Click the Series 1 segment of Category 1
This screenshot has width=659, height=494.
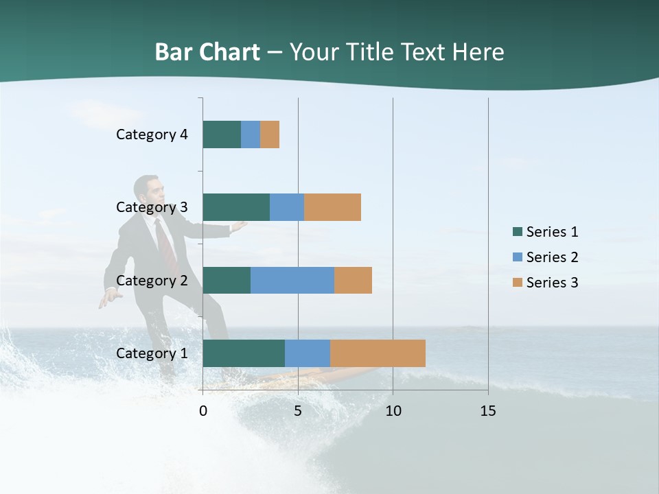pos(244,353)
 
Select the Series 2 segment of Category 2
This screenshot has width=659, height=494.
pos(292,280)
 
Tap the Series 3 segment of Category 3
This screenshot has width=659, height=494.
pos(332,207)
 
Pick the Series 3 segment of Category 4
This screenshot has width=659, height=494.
pos(270,134)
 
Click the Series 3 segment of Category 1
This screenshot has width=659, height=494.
pos(378,353)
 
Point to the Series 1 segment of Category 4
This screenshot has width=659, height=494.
pos(222,134)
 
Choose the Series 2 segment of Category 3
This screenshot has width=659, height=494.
pos(287,207)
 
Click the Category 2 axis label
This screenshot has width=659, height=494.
pos(152,280)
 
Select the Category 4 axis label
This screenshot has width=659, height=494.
pos(152,134)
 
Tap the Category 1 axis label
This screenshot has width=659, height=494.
pos(152,353)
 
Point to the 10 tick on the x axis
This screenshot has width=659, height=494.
pos(393,411)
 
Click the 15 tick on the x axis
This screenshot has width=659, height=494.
pos(488,411)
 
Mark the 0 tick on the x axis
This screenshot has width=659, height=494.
pos(203,411)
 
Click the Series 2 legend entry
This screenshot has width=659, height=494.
pos(552,257)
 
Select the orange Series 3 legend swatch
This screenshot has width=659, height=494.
pos(517,282)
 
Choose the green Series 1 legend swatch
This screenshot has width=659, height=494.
pos(517,232)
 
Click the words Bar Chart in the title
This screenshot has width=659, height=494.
pos(207,52)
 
